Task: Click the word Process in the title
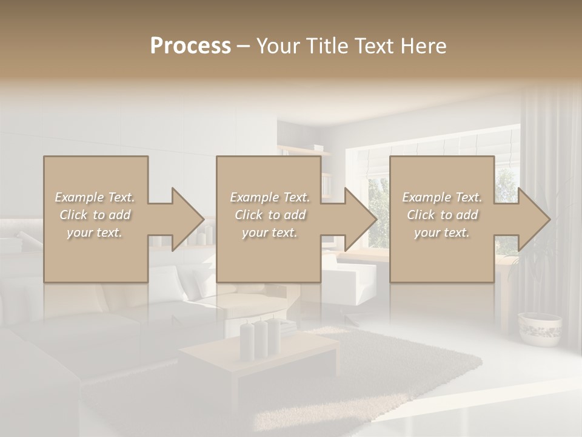point(190,46)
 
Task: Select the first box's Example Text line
point(95,197)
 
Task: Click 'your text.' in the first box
point(95,232)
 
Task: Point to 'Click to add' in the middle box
point(270,215)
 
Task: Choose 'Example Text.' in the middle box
point(270,197)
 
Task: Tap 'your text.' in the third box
point(442,232)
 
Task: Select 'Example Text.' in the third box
point(442,197)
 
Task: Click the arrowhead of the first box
point(185,219)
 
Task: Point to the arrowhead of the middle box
point(358,219)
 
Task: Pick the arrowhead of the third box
point(532,219)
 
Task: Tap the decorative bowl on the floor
point(540,328)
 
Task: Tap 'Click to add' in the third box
point(442,215)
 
